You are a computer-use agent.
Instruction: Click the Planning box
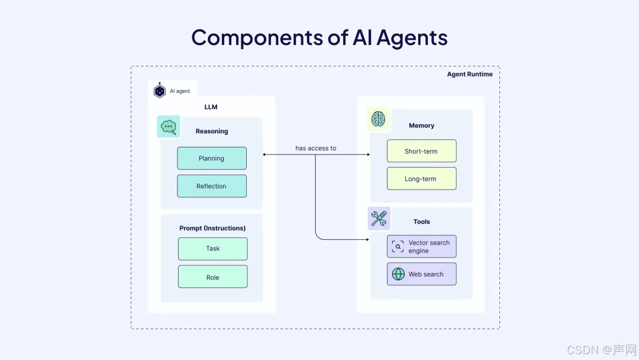pos(211,158)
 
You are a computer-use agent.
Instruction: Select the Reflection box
pos(211,186)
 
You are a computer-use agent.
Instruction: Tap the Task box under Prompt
pos(212,249)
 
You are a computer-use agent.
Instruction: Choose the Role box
pos(212,277)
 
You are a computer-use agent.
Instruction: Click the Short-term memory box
pos(421,151)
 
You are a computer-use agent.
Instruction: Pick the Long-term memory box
pos(421,179)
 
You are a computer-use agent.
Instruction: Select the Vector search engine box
pos(421,246)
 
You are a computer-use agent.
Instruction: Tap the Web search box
pos(421,274)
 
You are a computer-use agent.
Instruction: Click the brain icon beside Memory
pos(378,120)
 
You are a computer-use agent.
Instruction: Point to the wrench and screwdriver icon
pos(378,219)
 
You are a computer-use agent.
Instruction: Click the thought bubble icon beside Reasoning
pos(169,126)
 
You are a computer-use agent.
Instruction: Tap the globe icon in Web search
pos(398,274)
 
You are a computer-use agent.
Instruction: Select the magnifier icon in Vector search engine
pos(398,246)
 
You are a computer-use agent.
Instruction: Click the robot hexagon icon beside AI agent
pos(159,91)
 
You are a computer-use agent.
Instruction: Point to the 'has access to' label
pos(316,148)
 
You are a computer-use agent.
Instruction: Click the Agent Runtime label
pos(470,74)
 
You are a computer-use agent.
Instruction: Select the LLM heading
pos(211,107)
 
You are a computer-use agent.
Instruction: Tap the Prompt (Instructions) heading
pos(212,228)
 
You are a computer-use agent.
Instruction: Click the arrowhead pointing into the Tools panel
pos(367,240)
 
